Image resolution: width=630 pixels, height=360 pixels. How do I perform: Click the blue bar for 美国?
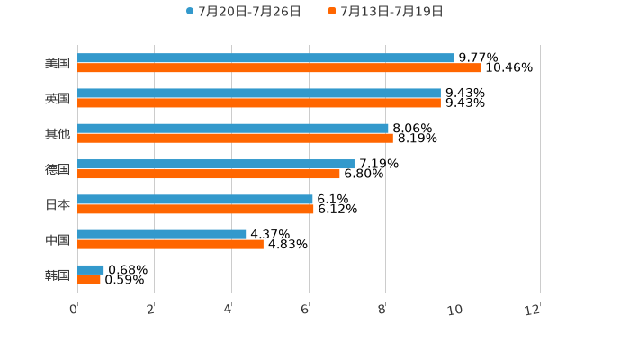(265, 58)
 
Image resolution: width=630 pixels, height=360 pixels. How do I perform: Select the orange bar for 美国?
(279, 68)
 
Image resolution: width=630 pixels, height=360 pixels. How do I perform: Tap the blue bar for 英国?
(259, 93)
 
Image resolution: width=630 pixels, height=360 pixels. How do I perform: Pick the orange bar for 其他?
(235, 139)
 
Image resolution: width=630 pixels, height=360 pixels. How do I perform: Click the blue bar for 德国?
(216, 164)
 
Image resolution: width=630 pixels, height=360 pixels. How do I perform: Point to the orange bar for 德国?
(209, 174)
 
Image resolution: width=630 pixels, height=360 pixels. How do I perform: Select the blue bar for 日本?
(195, 199)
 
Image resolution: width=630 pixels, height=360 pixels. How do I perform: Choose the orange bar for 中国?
(170, 244)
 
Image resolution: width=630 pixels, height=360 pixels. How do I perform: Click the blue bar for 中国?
(162, 234)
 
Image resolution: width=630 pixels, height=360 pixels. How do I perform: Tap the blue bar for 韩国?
(91, 269)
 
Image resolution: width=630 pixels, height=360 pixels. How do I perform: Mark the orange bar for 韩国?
(89, 280)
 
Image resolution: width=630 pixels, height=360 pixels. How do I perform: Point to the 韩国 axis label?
(58, 274)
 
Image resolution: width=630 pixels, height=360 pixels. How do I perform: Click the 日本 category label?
(58, 204)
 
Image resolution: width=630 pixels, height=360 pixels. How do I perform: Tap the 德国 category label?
(58, 169)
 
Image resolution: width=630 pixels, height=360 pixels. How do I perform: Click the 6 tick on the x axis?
(305, 310)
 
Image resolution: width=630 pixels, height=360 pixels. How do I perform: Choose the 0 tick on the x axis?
(74, 310)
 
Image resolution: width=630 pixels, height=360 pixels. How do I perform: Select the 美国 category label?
(58, 63)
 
